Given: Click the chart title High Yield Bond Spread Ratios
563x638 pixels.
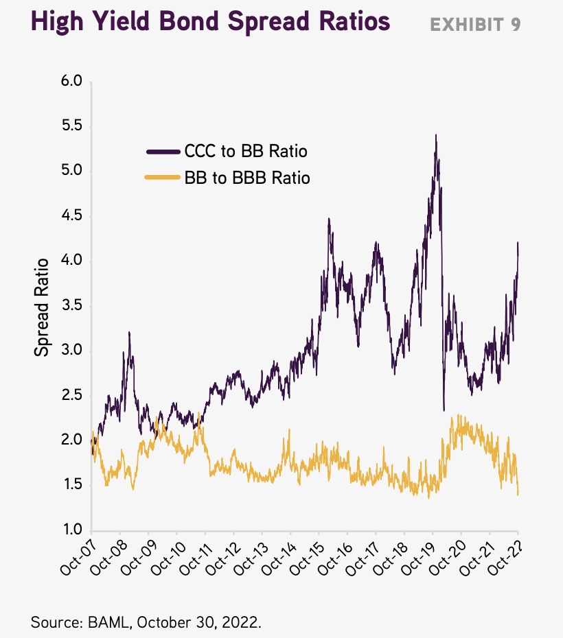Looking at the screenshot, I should [x=210, y=22].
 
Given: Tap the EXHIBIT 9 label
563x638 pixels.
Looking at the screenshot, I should [x=475, y=25].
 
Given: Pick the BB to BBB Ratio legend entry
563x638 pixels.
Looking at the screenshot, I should [x=246, y=178].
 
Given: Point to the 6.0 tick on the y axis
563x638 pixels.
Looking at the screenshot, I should [x=71, y=82].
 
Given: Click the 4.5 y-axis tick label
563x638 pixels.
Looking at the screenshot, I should [x=71, y=216].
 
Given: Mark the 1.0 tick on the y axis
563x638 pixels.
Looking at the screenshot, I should [x=71, y=530].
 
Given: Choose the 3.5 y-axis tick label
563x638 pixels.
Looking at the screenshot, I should [x=71, y=306].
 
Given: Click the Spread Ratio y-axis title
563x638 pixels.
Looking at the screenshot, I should [x=42, y=307].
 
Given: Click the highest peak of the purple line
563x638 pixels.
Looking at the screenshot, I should [x=436, y=135].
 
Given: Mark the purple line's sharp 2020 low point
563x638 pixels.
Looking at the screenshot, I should [x=444, y=410].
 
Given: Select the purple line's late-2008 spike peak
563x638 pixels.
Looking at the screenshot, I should [x=129, y=333].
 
